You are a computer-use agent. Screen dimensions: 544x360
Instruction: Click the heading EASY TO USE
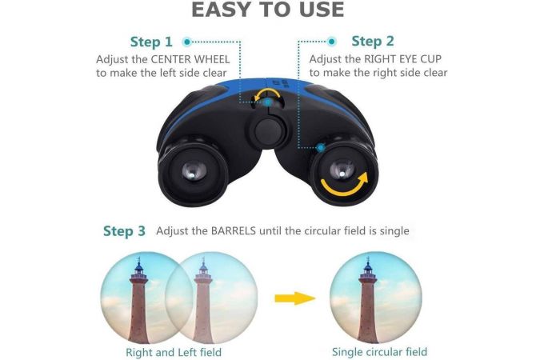(267, 10)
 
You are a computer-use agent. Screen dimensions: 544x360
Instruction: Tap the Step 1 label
(151, 42)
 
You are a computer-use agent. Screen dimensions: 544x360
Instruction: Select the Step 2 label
(373, 42)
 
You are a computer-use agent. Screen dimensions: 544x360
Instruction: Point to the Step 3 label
(124, 231)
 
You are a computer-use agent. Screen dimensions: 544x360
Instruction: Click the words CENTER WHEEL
(190, 59)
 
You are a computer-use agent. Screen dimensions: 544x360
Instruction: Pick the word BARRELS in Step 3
(234, 230)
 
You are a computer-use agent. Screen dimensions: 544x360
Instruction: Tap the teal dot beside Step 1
(187, 42)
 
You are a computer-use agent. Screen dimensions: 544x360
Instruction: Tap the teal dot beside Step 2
(332, 42)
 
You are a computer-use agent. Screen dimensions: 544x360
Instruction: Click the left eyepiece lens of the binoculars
(194, 171)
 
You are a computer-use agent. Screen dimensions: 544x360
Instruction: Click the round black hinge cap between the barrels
(269, 131)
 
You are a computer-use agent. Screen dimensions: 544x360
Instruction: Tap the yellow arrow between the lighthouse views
(295, 298)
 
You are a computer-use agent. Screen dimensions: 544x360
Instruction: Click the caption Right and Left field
(174, 352)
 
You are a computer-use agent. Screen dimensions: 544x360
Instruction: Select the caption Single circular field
(379, 352)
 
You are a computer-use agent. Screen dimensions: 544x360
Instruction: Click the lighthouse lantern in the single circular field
(368, 266)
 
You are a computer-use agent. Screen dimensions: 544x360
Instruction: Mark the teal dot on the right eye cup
(322, 148)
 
